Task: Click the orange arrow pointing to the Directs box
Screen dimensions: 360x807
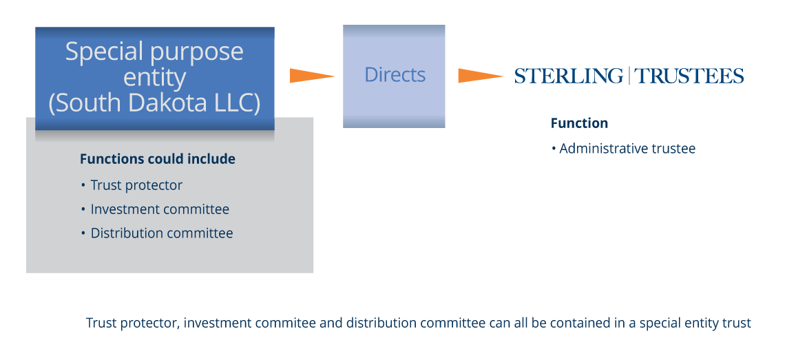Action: pyautogui.click(x=311, y=76)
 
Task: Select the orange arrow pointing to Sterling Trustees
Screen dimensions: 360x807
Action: pyautogui.click(x=479, y=76)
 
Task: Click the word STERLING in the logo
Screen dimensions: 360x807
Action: pyautogui.click(x=568, y=76)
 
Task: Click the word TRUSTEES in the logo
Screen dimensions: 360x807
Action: pyautogui.click(x=689, y=76)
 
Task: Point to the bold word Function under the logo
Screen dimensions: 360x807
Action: pyautogui.click(x=579, y=123)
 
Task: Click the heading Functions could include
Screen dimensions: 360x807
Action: pyautogui.click(x=158, y=159)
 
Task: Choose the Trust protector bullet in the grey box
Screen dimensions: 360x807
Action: pyautogui.click(x=136, y=185)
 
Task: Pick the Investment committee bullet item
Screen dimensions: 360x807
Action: pyautogui.click(x=160, y=209)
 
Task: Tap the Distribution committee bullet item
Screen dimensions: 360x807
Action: pyautogui.click(x=162, y=233)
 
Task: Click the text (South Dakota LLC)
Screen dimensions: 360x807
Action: pyautogui.click(x=154, y=103)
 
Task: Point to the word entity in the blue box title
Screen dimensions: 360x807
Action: pyautogui.click(x=154, y=77)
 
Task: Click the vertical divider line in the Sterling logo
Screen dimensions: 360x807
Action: pyautogui.click(x=629, y=76)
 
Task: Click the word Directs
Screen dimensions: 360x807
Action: pyautogui.click(x=395, y=75)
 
